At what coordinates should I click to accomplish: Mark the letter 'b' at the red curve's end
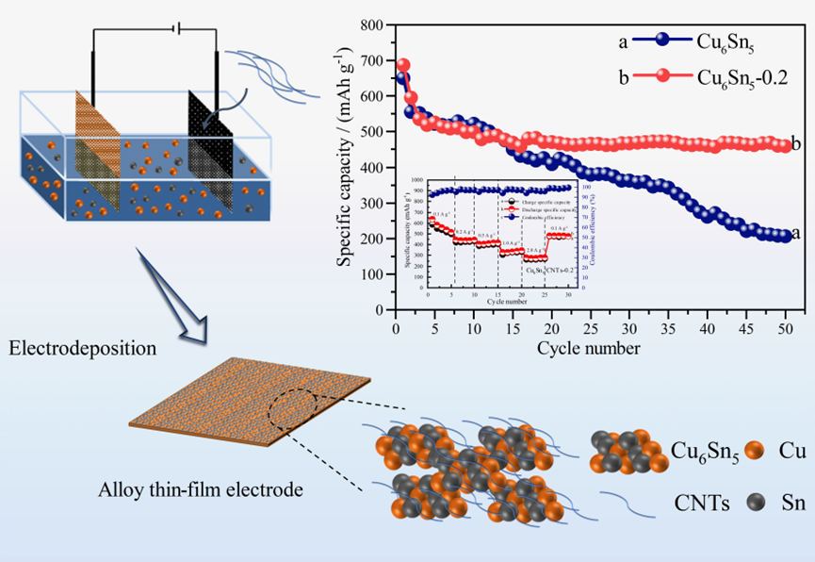(797, 143)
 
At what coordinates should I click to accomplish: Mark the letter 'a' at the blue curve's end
(797, 233)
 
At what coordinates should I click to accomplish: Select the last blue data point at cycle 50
(786, 236)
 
